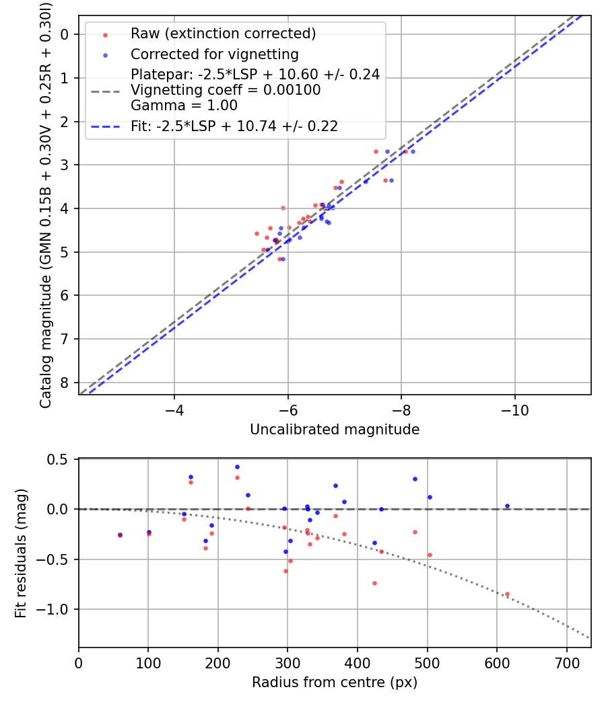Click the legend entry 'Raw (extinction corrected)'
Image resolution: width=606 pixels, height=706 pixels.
tap(223, 33)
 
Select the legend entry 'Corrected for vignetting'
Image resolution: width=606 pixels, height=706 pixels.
tap(214, 54)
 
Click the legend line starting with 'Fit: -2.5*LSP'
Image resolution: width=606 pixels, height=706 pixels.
tap(234, 126)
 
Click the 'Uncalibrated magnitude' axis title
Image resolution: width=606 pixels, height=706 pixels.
tap(334, 430)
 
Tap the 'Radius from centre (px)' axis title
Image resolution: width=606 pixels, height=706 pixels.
tap(334, 682)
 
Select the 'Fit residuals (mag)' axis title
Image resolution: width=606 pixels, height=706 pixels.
tap(21, 553)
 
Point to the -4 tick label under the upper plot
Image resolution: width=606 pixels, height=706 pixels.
tap(174, 409)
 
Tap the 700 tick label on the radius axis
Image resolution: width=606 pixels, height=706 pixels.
tap(566, 662)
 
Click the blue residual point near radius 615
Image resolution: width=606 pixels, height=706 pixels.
tap(507, 506)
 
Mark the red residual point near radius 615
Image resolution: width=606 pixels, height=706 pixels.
tap(507, 594)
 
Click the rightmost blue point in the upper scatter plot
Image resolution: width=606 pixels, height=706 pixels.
tap(412, 151)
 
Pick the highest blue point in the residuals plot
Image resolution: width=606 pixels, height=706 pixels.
tap(237, 467)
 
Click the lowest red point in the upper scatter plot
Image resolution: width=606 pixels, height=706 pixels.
tap(279, 259)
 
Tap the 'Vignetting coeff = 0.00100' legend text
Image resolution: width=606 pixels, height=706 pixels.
tap(226, 90)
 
